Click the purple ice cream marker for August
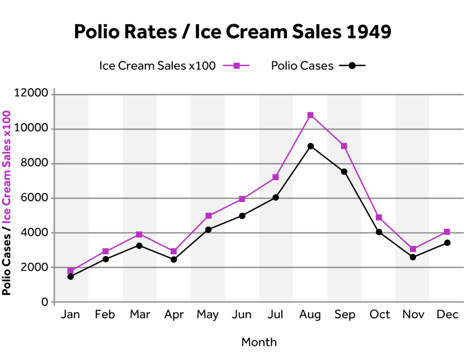pos(311,115)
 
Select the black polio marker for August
pos(311,146)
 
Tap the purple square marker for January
pos(71,271)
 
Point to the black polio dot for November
pos(413,257)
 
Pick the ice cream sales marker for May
pos(208,216)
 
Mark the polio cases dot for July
pos(276,197)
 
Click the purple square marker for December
pos(447,232)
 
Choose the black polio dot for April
pos(173,260)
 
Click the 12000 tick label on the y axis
pos(31,94)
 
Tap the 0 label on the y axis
pos(45,302)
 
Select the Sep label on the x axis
pos(345,315)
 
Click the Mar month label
pos(140,315)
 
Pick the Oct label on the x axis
pos(379,315)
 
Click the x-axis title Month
pos(259,342)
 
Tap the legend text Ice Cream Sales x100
pos(157,66)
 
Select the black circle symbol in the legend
pos(352,66)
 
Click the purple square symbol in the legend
pos(237,66)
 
